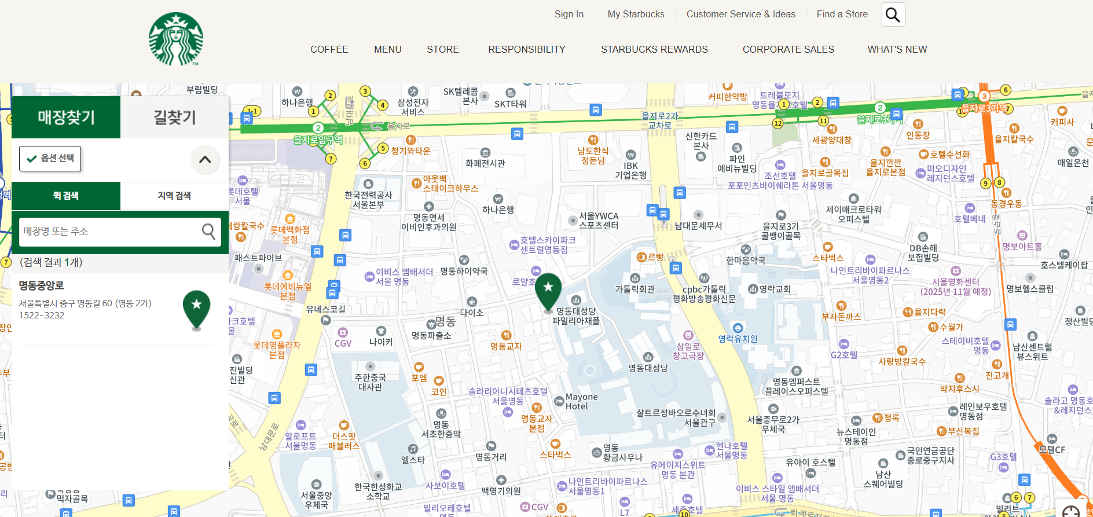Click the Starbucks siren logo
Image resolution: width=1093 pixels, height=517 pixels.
tap(176, 39)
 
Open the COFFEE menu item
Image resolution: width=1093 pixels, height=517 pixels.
tap(329, 49)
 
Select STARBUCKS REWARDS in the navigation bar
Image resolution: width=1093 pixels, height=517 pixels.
tap(654, 49)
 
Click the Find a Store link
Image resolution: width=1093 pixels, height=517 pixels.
tap(842, 14)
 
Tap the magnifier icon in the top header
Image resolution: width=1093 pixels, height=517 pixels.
tap(893, 14)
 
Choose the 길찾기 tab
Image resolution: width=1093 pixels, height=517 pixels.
tap(174, 118)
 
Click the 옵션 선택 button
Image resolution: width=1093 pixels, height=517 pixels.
tap(50, 158)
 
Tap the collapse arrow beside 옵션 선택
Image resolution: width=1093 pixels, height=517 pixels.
tap(205, 159)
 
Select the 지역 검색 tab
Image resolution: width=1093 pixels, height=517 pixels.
tap(174, 196)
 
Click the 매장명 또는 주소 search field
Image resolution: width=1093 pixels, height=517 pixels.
tap(110, 232)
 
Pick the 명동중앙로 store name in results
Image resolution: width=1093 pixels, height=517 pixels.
tap(42, 285)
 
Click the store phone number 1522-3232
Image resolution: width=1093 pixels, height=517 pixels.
tap(42, 316)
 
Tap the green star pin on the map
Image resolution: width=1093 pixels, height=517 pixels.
tap(548, 290)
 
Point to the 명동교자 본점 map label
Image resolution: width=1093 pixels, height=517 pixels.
tap(537, 423)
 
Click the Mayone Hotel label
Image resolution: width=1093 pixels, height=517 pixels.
tap(581, 401)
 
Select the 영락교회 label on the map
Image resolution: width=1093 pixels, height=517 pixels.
tap(775, 289)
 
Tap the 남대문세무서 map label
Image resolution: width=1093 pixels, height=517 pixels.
tap(698, 226)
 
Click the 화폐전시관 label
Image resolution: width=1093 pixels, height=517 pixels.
tap(485, 163)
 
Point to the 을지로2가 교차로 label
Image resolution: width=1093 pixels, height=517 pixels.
tap(659, 120)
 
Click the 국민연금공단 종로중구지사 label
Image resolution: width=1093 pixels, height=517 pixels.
tap(930, 456)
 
